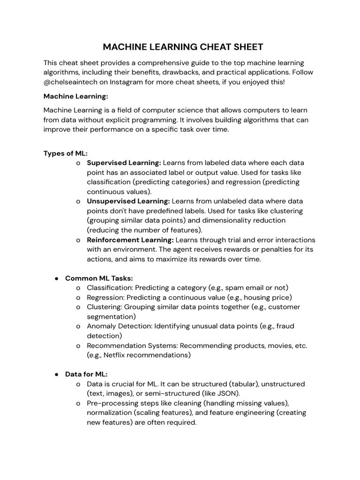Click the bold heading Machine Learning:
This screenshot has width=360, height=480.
coord(75,96)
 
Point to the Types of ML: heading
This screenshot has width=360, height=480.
coord(66,153)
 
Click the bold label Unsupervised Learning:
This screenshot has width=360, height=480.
coord(128,201)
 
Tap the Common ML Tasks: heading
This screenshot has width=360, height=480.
coord(99,278)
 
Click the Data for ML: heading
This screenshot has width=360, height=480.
coord(86,374)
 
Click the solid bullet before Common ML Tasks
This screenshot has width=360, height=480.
coord(56,278)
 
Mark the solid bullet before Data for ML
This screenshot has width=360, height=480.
coord(56,375)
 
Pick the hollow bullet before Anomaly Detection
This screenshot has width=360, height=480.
coord(78,326)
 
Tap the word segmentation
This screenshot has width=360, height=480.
coord(111,316)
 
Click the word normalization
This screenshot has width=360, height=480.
coord(111,412)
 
